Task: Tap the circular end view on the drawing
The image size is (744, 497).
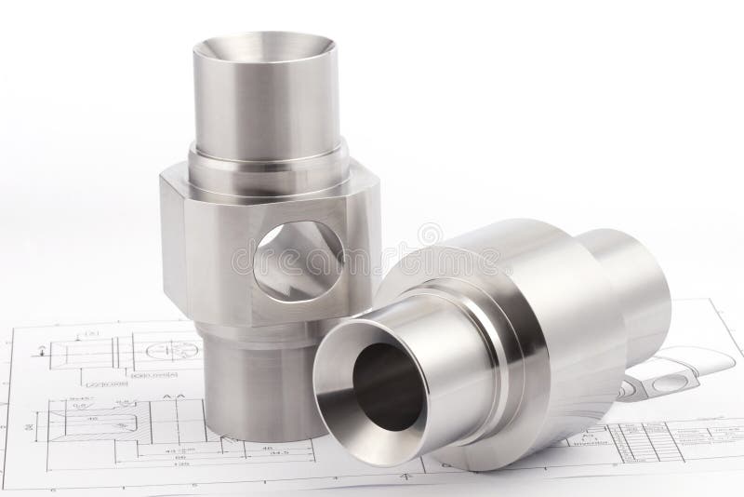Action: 173,351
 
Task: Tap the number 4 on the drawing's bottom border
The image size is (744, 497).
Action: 405,476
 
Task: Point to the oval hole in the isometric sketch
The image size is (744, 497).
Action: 670,383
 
